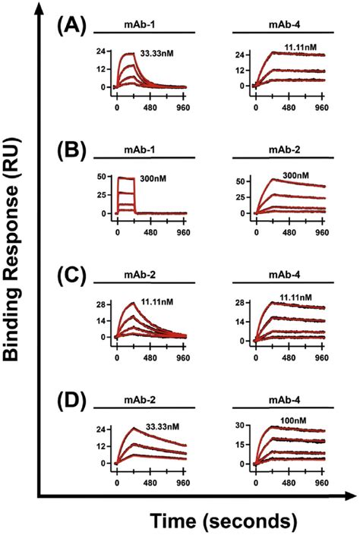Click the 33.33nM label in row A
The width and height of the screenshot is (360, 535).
pos(157,55)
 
